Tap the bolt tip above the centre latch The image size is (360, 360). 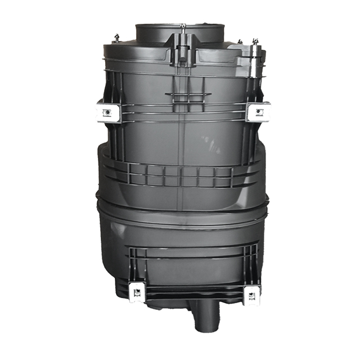coord(183,25)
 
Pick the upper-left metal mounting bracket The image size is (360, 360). coord(109,111)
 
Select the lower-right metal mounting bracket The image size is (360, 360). coord(251,294)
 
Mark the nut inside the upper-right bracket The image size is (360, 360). coord(259,111)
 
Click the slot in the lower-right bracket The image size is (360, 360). coord(251,292)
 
